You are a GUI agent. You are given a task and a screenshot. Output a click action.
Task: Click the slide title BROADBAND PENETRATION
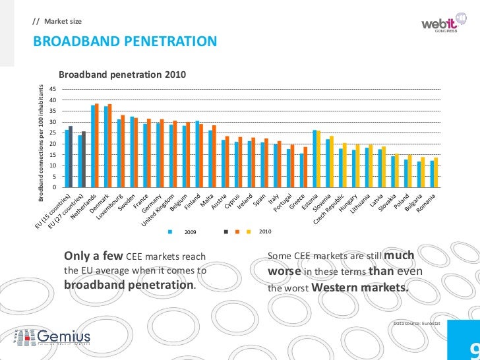click(x=125, y=43)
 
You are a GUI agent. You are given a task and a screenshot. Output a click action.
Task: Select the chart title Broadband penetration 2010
click(x=123, y=76)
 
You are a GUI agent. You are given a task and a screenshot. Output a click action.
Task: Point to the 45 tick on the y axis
click(x=53, y=89)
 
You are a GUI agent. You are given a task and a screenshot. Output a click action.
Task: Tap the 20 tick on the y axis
click(x=53, y=144)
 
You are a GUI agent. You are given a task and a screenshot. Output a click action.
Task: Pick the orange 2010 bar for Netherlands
click(x=97, y=146)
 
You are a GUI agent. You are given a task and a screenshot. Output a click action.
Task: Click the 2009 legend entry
click(x=191, y=232)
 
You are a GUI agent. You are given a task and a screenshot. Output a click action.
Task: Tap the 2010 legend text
click(x=265, y=231)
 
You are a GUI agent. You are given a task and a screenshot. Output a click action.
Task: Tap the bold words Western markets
click(x=359, y=287)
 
